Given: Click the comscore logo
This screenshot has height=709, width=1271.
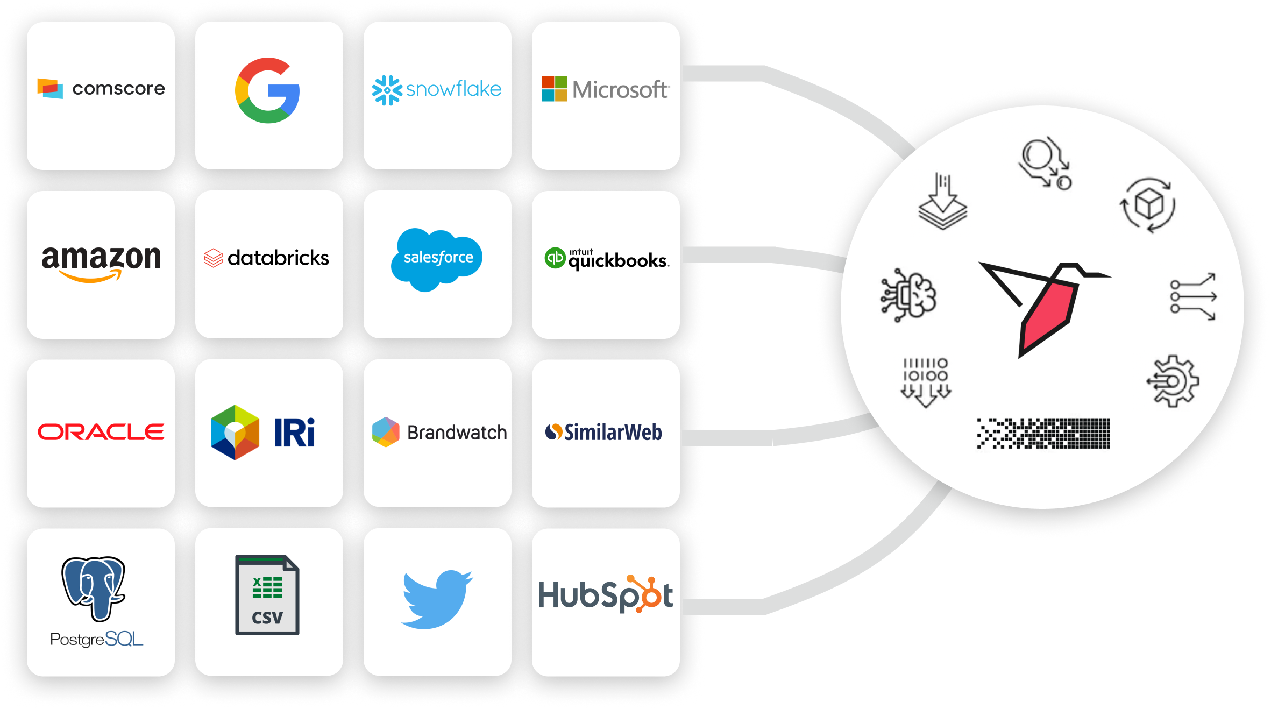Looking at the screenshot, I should [101, 89].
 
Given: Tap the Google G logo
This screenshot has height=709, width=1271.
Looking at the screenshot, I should [267, 90].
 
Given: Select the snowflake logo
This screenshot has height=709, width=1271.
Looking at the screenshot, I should [437, 90].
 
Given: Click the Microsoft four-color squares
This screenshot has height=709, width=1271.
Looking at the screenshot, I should [555, 89].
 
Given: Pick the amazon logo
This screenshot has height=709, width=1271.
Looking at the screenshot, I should [101, 262].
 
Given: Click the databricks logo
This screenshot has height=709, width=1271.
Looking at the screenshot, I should [267, 258].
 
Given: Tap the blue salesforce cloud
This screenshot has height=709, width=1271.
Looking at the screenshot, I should [437, 259].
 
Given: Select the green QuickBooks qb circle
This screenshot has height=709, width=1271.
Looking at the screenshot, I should [555, 258].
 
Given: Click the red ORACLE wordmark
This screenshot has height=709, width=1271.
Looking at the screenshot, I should [101, 432].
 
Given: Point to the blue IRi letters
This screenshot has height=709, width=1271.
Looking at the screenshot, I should [294, 433].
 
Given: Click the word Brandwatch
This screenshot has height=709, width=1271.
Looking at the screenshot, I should [457, 433].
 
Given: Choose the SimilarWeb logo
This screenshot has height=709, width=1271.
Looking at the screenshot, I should [604, 432].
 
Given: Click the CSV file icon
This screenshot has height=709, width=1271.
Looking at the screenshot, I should [267, 594].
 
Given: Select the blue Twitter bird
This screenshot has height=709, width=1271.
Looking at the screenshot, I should [437, 599].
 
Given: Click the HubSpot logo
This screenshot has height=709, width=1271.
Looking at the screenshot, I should [606, 595].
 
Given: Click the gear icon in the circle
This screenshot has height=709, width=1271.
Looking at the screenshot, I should [1173, 381].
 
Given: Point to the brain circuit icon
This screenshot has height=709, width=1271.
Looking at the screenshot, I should [908, 295].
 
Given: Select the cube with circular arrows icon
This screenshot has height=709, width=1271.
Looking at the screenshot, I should [1148, 205].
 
